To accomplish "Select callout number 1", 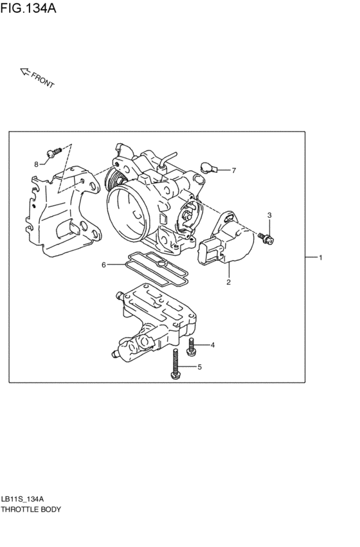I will coord(319,258).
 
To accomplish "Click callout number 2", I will coord(228,282).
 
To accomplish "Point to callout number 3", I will coord(269,215).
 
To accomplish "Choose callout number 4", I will coord(212,345).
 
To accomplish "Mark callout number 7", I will coord(233,170).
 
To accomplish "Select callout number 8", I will coord(37,164).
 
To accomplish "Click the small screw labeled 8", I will coord(54,152).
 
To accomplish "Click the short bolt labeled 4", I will coord(191,348).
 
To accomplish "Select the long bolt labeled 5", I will coord(174,365).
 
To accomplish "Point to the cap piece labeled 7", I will coord(206,168).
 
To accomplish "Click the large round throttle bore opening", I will coord(130,209).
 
